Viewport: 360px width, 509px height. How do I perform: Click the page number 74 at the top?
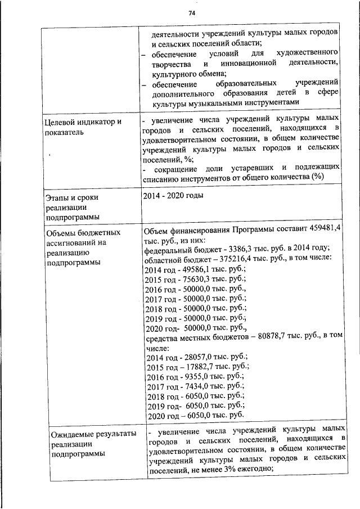point(192,13)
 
